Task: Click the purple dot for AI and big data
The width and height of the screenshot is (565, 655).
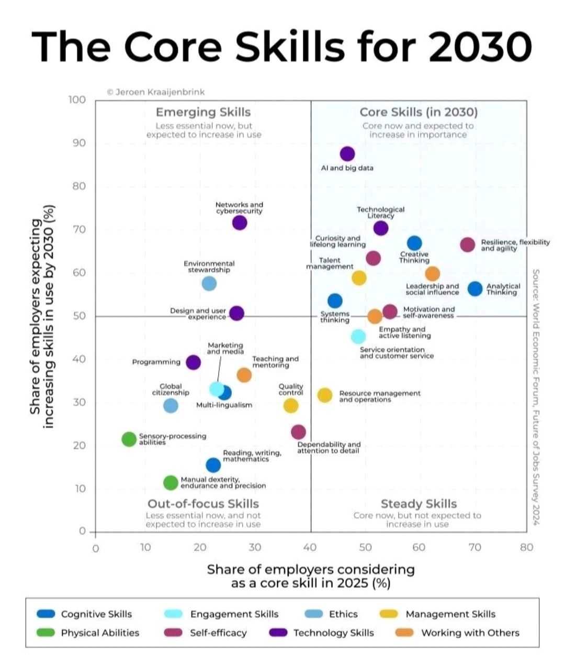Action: tap(347, 154)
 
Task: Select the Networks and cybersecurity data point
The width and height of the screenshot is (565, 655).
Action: tap(240, 223)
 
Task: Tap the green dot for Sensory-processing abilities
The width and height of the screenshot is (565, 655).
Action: tap(129, 439)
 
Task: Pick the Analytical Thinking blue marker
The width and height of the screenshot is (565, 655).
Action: tap(474, 288)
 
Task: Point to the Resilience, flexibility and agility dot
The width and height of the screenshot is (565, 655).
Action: tap(468, 245)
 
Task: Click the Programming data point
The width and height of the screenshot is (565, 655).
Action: tap(193, 362)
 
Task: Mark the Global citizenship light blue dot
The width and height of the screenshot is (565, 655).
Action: tap(171, 405)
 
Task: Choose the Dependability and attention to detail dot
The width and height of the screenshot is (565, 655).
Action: tap(298, 431)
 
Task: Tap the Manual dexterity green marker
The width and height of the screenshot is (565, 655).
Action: tap(171, 483)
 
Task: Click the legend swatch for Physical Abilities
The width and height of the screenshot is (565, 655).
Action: tap(46, 633)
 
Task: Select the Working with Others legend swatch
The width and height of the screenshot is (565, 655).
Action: tap(404, 633)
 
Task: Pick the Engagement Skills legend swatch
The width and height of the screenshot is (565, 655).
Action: tap(174, 614)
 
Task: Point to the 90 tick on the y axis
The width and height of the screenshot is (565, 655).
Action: tap(77, 143)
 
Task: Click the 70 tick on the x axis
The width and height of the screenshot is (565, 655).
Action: tap(474, 547)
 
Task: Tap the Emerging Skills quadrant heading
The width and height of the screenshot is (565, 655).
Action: tap(204, 112)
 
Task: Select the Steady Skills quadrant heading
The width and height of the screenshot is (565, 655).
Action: tap(419, 504)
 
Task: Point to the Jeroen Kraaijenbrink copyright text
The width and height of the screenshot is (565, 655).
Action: tap(156, 92)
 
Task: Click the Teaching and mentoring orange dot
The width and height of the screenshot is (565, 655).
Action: tap(244, 375)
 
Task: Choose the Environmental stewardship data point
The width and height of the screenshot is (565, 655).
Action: tap(209, 283)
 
